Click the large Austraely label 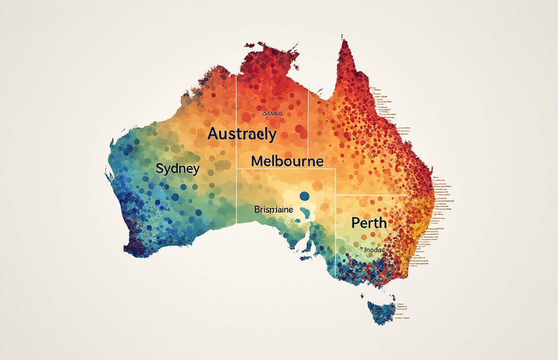[242, 134]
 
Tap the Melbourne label [287, 161]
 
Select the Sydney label [177, 169]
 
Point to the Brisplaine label [273, 210]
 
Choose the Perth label [369, 223]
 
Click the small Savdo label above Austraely [272, 114]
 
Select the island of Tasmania [381, 311]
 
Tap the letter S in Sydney [160, 168]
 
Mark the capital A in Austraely [213, 134]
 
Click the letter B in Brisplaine [257, 210]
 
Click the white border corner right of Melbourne [335, 169]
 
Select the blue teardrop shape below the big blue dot [303, 214]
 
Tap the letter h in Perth [382, 222]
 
